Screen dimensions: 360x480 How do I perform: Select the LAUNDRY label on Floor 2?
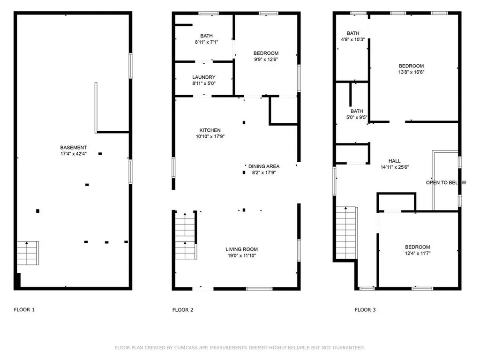[203, 77]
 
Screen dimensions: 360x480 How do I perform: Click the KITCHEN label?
[210, 130]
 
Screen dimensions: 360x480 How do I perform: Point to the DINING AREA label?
[264, 166]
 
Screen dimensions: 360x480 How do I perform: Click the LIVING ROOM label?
[241, 249]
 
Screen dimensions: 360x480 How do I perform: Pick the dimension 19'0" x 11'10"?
[241, 255]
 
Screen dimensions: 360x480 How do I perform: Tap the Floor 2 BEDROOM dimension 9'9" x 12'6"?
[266, 60]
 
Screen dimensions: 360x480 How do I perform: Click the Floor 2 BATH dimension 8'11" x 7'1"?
[206, 42]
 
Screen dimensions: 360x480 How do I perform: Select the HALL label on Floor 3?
[394, 161]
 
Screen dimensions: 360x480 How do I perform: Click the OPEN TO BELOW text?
[446, 182]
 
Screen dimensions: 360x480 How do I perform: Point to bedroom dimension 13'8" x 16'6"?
[411, 72]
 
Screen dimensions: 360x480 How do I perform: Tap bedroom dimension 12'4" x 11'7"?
[417, 253]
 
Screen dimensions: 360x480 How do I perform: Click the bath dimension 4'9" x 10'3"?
[353, 40]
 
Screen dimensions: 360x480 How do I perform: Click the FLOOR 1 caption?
[24, 310]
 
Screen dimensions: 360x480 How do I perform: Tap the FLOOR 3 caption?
[365, 310]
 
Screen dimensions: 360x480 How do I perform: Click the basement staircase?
[28, 253]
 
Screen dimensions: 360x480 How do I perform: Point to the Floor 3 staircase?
[346, 232]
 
